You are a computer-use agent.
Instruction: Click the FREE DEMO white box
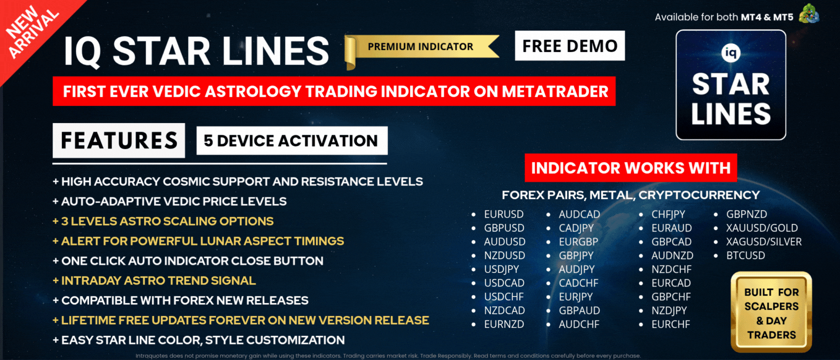pyautogui.click(x=569, y=46)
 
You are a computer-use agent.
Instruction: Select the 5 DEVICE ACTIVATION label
pyautogui.click(x=292, y=140)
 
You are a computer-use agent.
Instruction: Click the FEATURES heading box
pyautogui.click(x=119, y=140)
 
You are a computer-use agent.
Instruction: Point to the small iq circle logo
pyautogui.click(x=731, y=53)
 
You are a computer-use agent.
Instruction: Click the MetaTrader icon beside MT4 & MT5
pyautogui.click(x=809, y=14)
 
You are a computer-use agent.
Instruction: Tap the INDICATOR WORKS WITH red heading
pyautogui.click(x=631, y=167)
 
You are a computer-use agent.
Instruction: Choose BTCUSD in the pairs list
pyautogui.click(x=745, y=255)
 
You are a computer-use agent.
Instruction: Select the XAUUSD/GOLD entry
pyautogui.click(x=762, y=228)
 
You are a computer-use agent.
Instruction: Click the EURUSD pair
pyautogui.click(x=503, y=214)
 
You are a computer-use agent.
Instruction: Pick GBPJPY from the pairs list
pyautogui.click(x=576, y=255)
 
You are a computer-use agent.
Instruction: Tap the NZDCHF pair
pyautogui.click(x=671, y=269)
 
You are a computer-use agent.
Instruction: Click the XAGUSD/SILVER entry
pyautogui.click(x=764, y=242)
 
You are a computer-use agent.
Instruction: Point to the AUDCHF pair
pyautogui.click(x=579, y=324)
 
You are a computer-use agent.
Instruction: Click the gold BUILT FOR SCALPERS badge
pyautogui.click(x=771, y=312)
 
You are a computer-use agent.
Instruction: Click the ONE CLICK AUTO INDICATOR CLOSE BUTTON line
pyautogui.click(x=188, y=260)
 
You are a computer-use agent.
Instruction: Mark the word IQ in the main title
pyautogui.click(x=82, y=51)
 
